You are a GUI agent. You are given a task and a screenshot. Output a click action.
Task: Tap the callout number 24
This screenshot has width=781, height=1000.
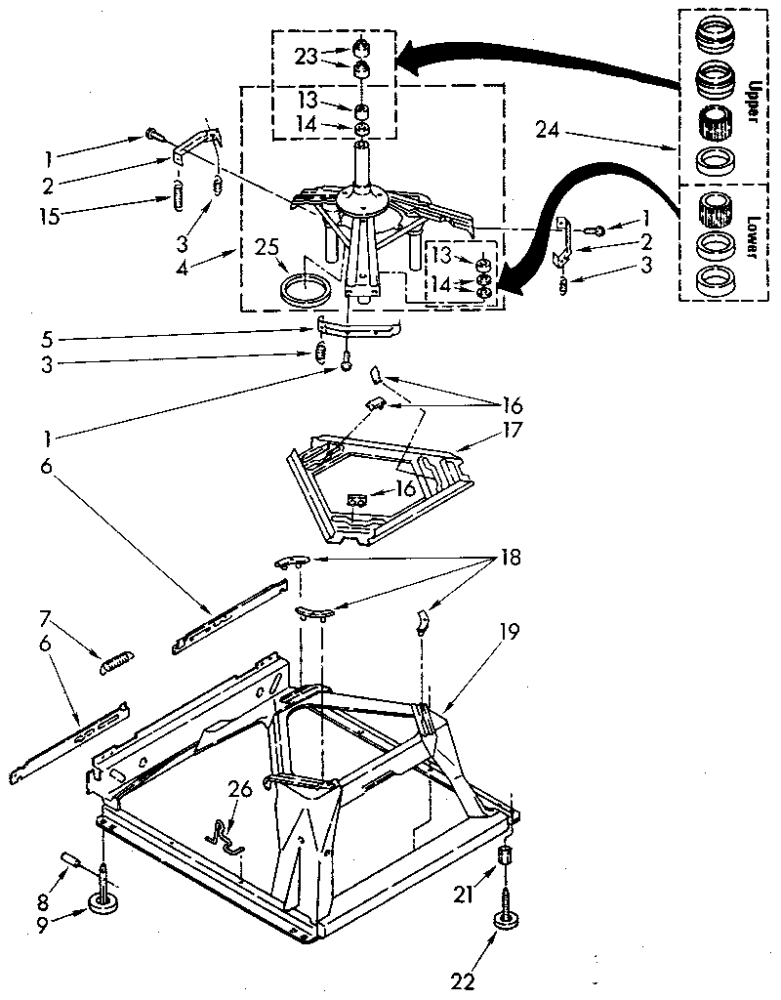(x=549, y=127)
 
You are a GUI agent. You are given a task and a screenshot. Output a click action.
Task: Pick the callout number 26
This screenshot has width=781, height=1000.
(x=240, y=788)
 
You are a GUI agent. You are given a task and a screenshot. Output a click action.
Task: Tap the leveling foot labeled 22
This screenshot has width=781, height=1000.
(x=505, y=922)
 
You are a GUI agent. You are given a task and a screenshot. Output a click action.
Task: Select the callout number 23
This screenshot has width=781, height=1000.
(x=307, y=57)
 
